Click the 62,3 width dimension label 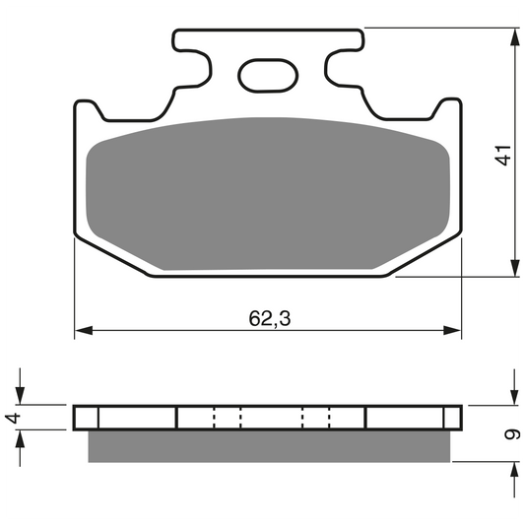coord(270,318)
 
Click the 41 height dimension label coord(503,155)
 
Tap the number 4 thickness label coord(13,419)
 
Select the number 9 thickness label coord(512,434)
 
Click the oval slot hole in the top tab coord(268,76)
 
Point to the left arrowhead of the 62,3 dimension coord(84,331)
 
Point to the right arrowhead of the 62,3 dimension coord(452,331)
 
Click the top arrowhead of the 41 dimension coord(515,37)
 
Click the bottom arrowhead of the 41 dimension coord(515,268)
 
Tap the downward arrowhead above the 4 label coord(20,395)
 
